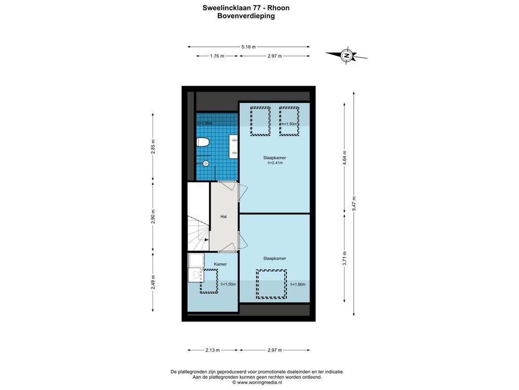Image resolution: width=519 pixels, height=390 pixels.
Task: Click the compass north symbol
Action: click(347, 55)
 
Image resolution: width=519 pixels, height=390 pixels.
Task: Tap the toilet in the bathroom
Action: click(203, 142)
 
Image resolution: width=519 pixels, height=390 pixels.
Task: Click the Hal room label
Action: click(224, 216)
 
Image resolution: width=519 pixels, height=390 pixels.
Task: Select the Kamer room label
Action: click(220, 264)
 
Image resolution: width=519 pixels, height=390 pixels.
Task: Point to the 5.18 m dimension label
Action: click(248, 47)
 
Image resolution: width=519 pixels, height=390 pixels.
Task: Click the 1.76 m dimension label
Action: click(217, 56)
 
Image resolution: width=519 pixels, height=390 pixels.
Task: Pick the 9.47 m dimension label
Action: click(354, 203)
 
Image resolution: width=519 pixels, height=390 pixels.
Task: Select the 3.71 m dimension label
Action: click(345, 258)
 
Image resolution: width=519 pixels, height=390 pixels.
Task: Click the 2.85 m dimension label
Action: click(153, 147)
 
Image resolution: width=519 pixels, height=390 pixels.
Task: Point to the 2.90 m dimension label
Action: click(153, 216)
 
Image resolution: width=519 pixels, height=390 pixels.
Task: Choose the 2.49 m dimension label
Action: click(153, 282)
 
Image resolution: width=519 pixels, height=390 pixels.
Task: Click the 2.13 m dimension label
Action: click(212, 350)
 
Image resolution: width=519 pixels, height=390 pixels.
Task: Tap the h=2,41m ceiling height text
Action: click(275, 163)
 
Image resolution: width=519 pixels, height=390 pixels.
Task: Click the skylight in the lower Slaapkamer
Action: click(272, 284)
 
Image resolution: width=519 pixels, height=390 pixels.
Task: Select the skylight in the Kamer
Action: click(209, 281)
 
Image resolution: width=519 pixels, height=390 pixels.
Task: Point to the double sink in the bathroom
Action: click(234, 146)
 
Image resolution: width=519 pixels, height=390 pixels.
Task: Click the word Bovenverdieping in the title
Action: click(246, 16)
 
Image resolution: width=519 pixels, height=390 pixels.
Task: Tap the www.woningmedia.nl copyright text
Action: click(257, 382)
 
